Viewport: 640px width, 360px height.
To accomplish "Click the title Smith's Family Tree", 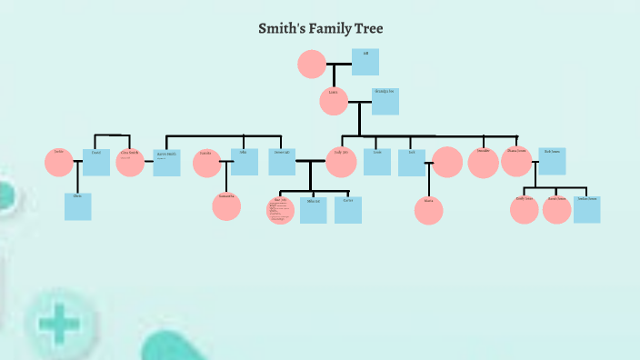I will (x=321, y=29).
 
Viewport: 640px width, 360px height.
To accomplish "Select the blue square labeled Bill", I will (x=365, y=62).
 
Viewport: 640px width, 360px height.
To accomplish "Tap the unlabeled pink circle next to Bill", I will (x=312, y=64).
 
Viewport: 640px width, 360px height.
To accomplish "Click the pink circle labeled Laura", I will (x=334, y=101).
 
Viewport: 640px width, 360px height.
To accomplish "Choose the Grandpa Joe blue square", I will (x=385, y=102).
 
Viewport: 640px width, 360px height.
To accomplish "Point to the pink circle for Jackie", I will (x=59, y=162).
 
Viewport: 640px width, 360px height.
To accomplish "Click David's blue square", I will (x=96, y=162).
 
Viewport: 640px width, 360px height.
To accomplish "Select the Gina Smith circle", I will (x=130, y=162).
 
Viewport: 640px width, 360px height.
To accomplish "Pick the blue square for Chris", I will (x=78, y=206).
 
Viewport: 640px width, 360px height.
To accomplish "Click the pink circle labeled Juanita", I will (x=207, y=163).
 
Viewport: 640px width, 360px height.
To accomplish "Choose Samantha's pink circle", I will (x=226, y=206).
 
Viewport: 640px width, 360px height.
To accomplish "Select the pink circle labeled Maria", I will (x=428, y=210).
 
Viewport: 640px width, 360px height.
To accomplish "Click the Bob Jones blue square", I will (x=552, y=161).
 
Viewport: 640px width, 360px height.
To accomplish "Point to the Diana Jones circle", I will (x=516, y=161).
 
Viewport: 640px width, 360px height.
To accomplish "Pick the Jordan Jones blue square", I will (x=586, y=210).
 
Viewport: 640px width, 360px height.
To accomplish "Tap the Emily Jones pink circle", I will (x=525, y=210).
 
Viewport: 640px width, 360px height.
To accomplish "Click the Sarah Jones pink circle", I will (x=556, y=210).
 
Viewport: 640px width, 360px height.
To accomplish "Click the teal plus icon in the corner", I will (x=59, y=323).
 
